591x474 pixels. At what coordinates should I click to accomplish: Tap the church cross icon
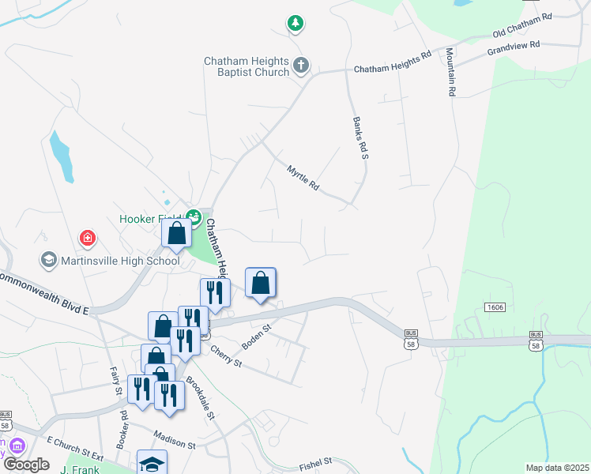(300, 66)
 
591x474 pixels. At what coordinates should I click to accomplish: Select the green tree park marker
(295, 24)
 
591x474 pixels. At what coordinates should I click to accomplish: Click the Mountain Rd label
(450, 72)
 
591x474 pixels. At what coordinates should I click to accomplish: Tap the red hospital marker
(88, 237)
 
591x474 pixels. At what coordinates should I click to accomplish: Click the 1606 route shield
(495, 306)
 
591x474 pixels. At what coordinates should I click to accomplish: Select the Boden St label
(257, 335)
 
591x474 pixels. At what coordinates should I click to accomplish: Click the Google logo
(26, 464)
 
